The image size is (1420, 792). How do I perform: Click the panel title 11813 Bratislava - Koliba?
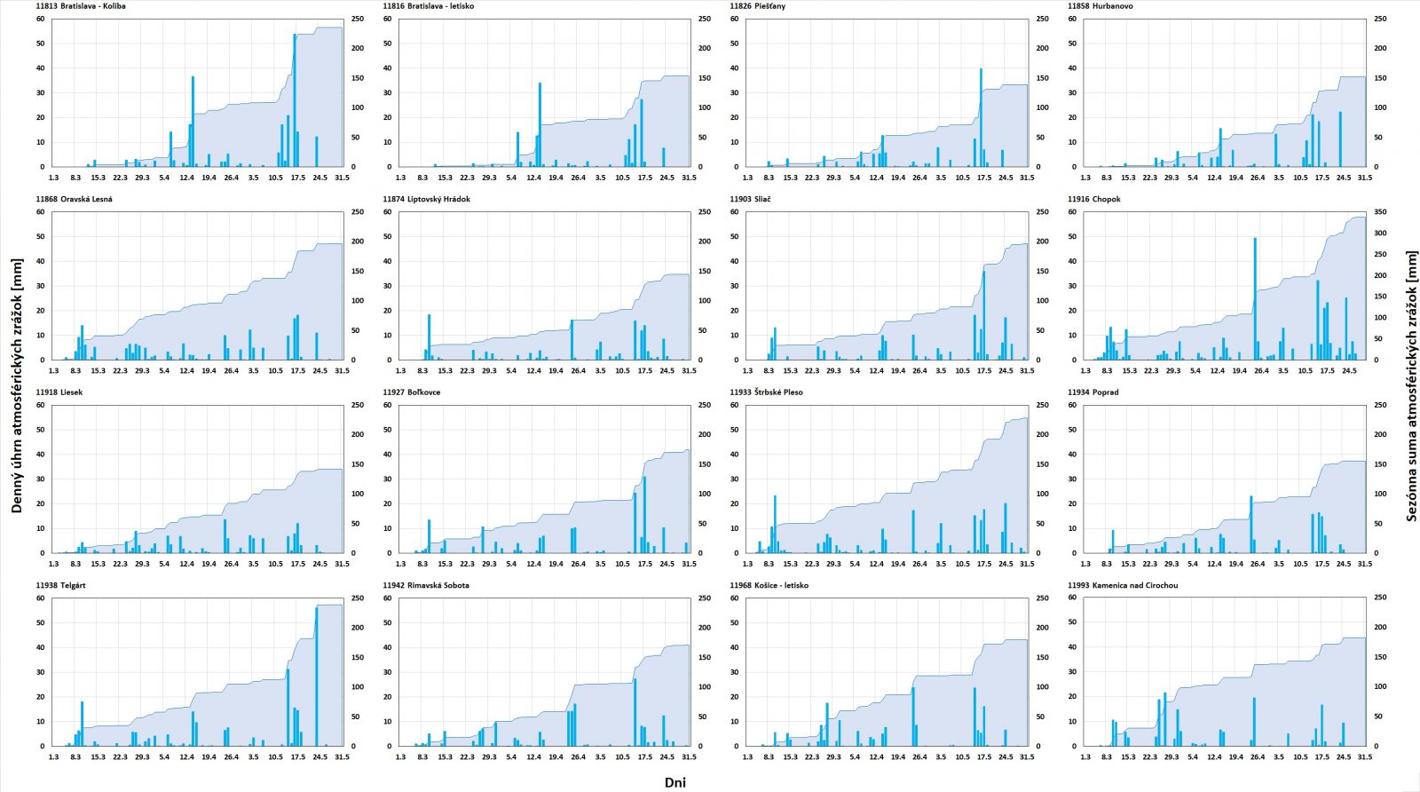coord(81,6)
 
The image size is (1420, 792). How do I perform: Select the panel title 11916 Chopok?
coord(1093,199)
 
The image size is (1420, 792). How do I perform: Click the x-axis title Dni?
coord(674,782)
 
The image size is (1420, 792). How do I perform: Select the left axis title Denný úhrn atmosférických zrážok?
coord(17,386)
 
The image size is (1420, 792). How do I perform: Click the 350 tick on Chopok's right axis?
coord(1380,212)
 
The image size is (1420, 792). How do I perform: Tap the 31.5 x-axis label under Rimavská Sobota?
coord(689,757)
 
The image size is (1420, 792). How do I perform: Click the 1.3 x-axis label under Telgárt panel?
coord(53,757)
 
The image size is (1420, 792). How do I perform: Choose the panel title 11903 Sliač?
coord(750,199)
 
